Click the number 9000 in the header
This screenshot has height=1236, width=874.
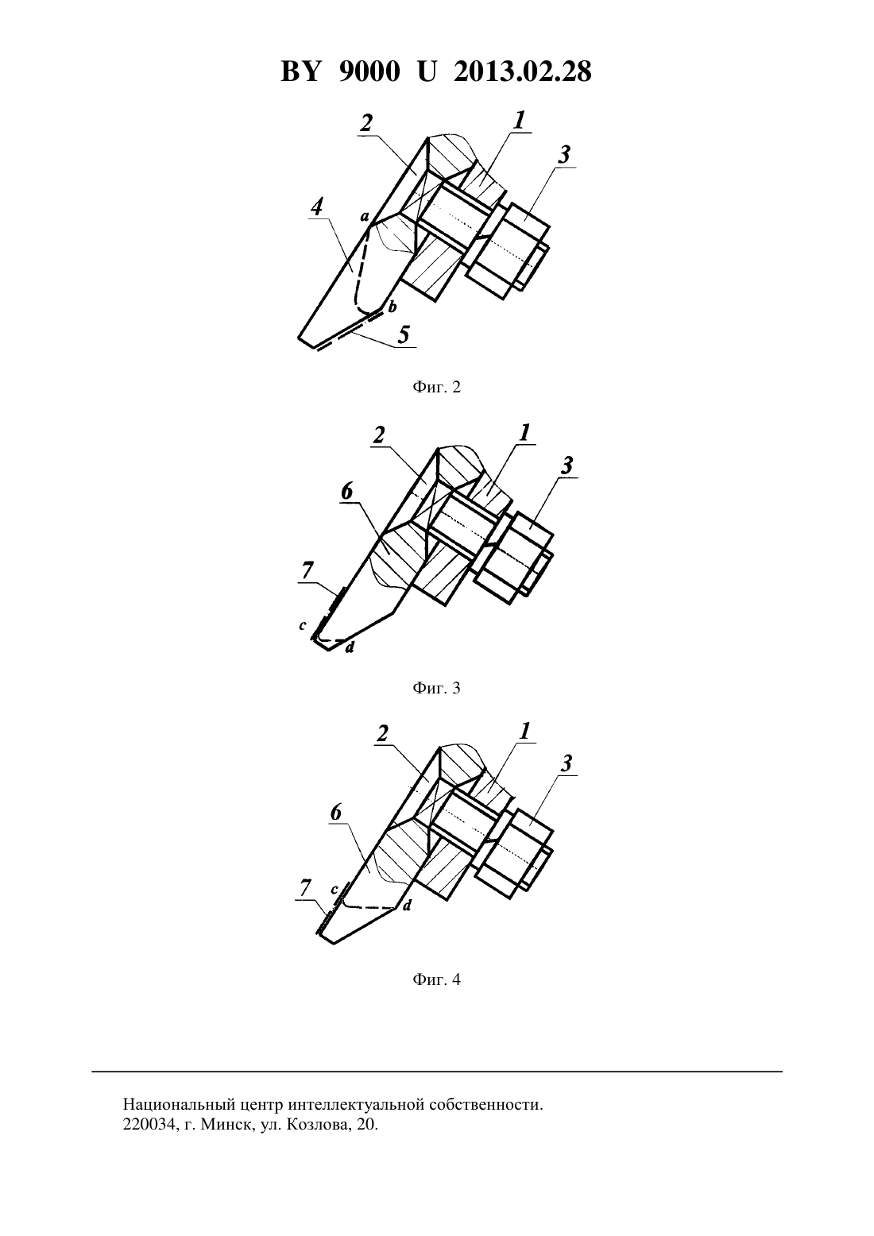[x=369, y=72]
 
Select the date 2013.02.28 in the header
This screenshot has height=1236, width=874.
[x=523, y=72]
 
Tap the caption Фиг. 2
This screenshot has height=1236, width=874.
[x=436, y=387]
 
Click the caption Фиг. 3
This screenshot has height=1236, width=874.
[x=436, y=688]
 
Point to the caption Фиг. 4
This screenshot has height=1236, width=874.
[x=436, y=979]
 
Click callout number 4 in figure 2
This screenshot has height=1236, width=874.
[x=316, y=207]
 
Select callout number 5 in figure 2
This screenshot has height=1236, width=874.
[x=404, y=335]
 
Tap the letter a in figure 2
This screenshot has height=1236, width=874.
[x=364, y=216]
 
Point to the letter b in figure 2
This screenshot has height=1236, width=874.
[x=393, y=307]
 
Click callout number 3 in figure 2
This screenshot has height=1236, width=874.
[x=563, y=155]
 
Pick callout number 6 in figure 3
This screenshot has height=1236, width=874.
[x=347, y=491]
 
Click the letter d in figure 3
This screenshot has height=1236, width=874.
[x=350, y=647]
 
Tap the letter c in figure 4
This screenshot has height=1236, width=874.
[x=334, y=890]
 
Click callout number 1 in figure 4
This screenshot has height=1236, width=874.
[x=524, y=732]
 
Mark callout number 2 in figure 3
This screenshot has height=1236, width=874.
[x=378, y=436]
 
